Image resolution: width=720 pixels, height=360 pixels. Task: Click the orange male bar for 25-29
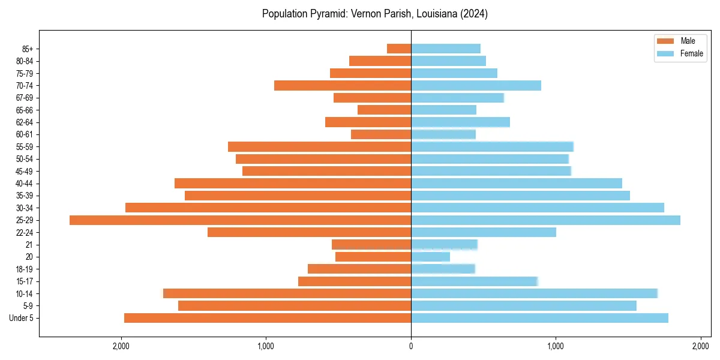240,220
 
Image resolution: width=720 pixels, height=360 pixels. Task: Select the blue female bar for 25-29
545,220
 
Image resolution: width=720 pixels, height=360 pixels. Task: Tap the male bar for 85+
399,49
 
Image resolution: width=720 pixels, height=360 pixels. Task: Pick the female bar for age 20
430,257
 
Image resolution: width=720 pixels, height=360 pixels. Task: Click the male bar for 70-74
343,85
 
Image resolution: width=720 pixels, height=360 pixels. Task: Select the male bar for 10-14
287,293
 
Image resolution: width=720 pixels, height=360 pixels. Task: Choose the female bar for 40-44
517,184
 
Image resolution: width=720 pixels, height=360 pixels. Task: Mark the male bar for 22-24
309,232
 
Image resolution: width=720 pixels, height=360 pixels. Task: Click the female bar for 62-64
460,122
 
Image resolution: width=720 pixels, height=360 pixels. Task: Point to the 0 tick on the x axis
411,346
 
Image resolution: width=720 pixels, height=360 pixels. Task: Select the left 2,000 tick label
121,346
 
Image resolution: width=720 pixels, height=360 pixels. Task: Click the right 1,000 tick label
556,346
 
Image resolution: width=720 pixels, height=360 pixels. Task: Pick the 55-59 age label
25,147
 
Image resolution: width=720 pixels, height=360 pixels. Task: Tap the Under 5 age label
21,318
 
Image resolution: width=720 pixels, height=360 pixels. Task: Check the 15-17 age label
25,281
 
